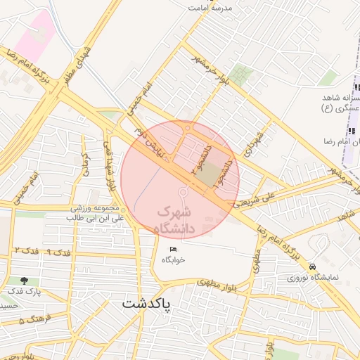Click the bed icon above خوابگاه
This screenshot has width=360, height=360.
click(x=174, y=250)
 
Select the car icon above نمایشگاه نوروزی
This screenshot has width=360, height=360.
click(x=311, y=267)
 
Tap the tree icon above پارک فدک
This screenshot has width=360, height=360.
click(x=25, y=280)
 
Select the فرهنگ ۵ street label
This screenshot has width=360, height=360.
click(x=31, y=321)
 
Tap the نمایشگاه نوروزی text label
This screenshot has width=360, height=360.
click(x=312, y=278)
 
